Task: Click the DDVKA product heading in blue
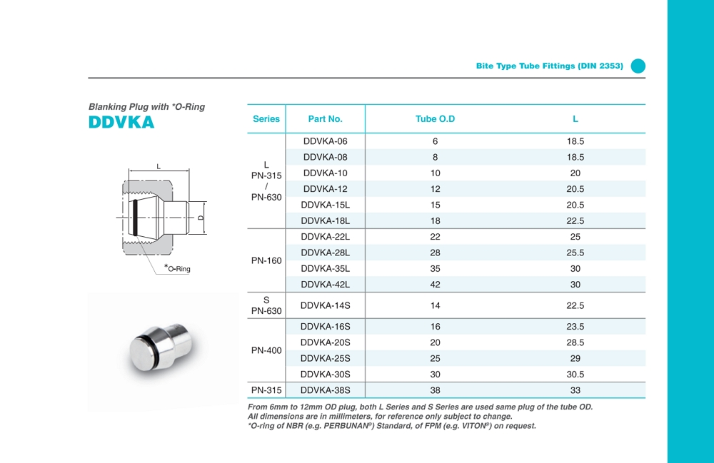coord(121,122)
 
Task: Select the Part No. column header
coord(325,119)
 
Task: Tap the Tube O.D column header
coord(435,119)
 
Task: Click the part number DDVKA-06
coord(325,141)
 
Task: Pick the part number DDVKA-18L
coord(325,221)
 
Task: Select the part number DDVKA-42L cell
coord(325,285)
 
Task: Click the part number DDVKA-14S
coord(325,305)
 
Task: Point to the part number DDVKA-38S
coord(325,390)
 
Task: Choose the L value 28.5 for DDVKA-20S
coord(575,342)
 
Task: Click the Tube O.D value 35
coord(435,269)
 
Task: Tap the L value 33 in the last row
coord(575,390)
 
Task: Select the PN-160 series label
coord(266,261)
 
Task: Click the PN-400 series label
coord(266,350)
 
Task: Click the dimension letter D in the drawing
coord(201,217)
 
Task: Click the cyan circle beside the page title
coord(638,66)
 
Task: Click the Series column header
coord(266,119)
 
